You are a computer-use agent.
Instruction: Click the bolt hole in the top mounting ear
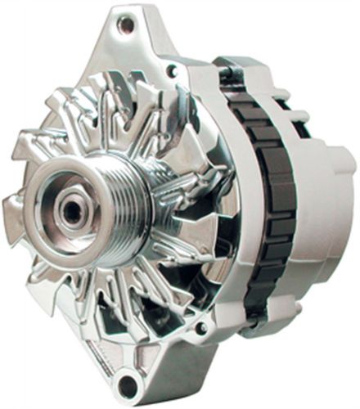click(124, 25)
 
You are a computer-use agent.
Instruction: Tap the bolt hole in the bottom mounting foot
click(127, 387)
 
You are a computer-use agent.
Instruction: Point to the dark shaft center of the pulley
click(72, 209)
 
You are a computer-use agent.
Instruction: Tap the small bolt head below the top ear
click(171, 72)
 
